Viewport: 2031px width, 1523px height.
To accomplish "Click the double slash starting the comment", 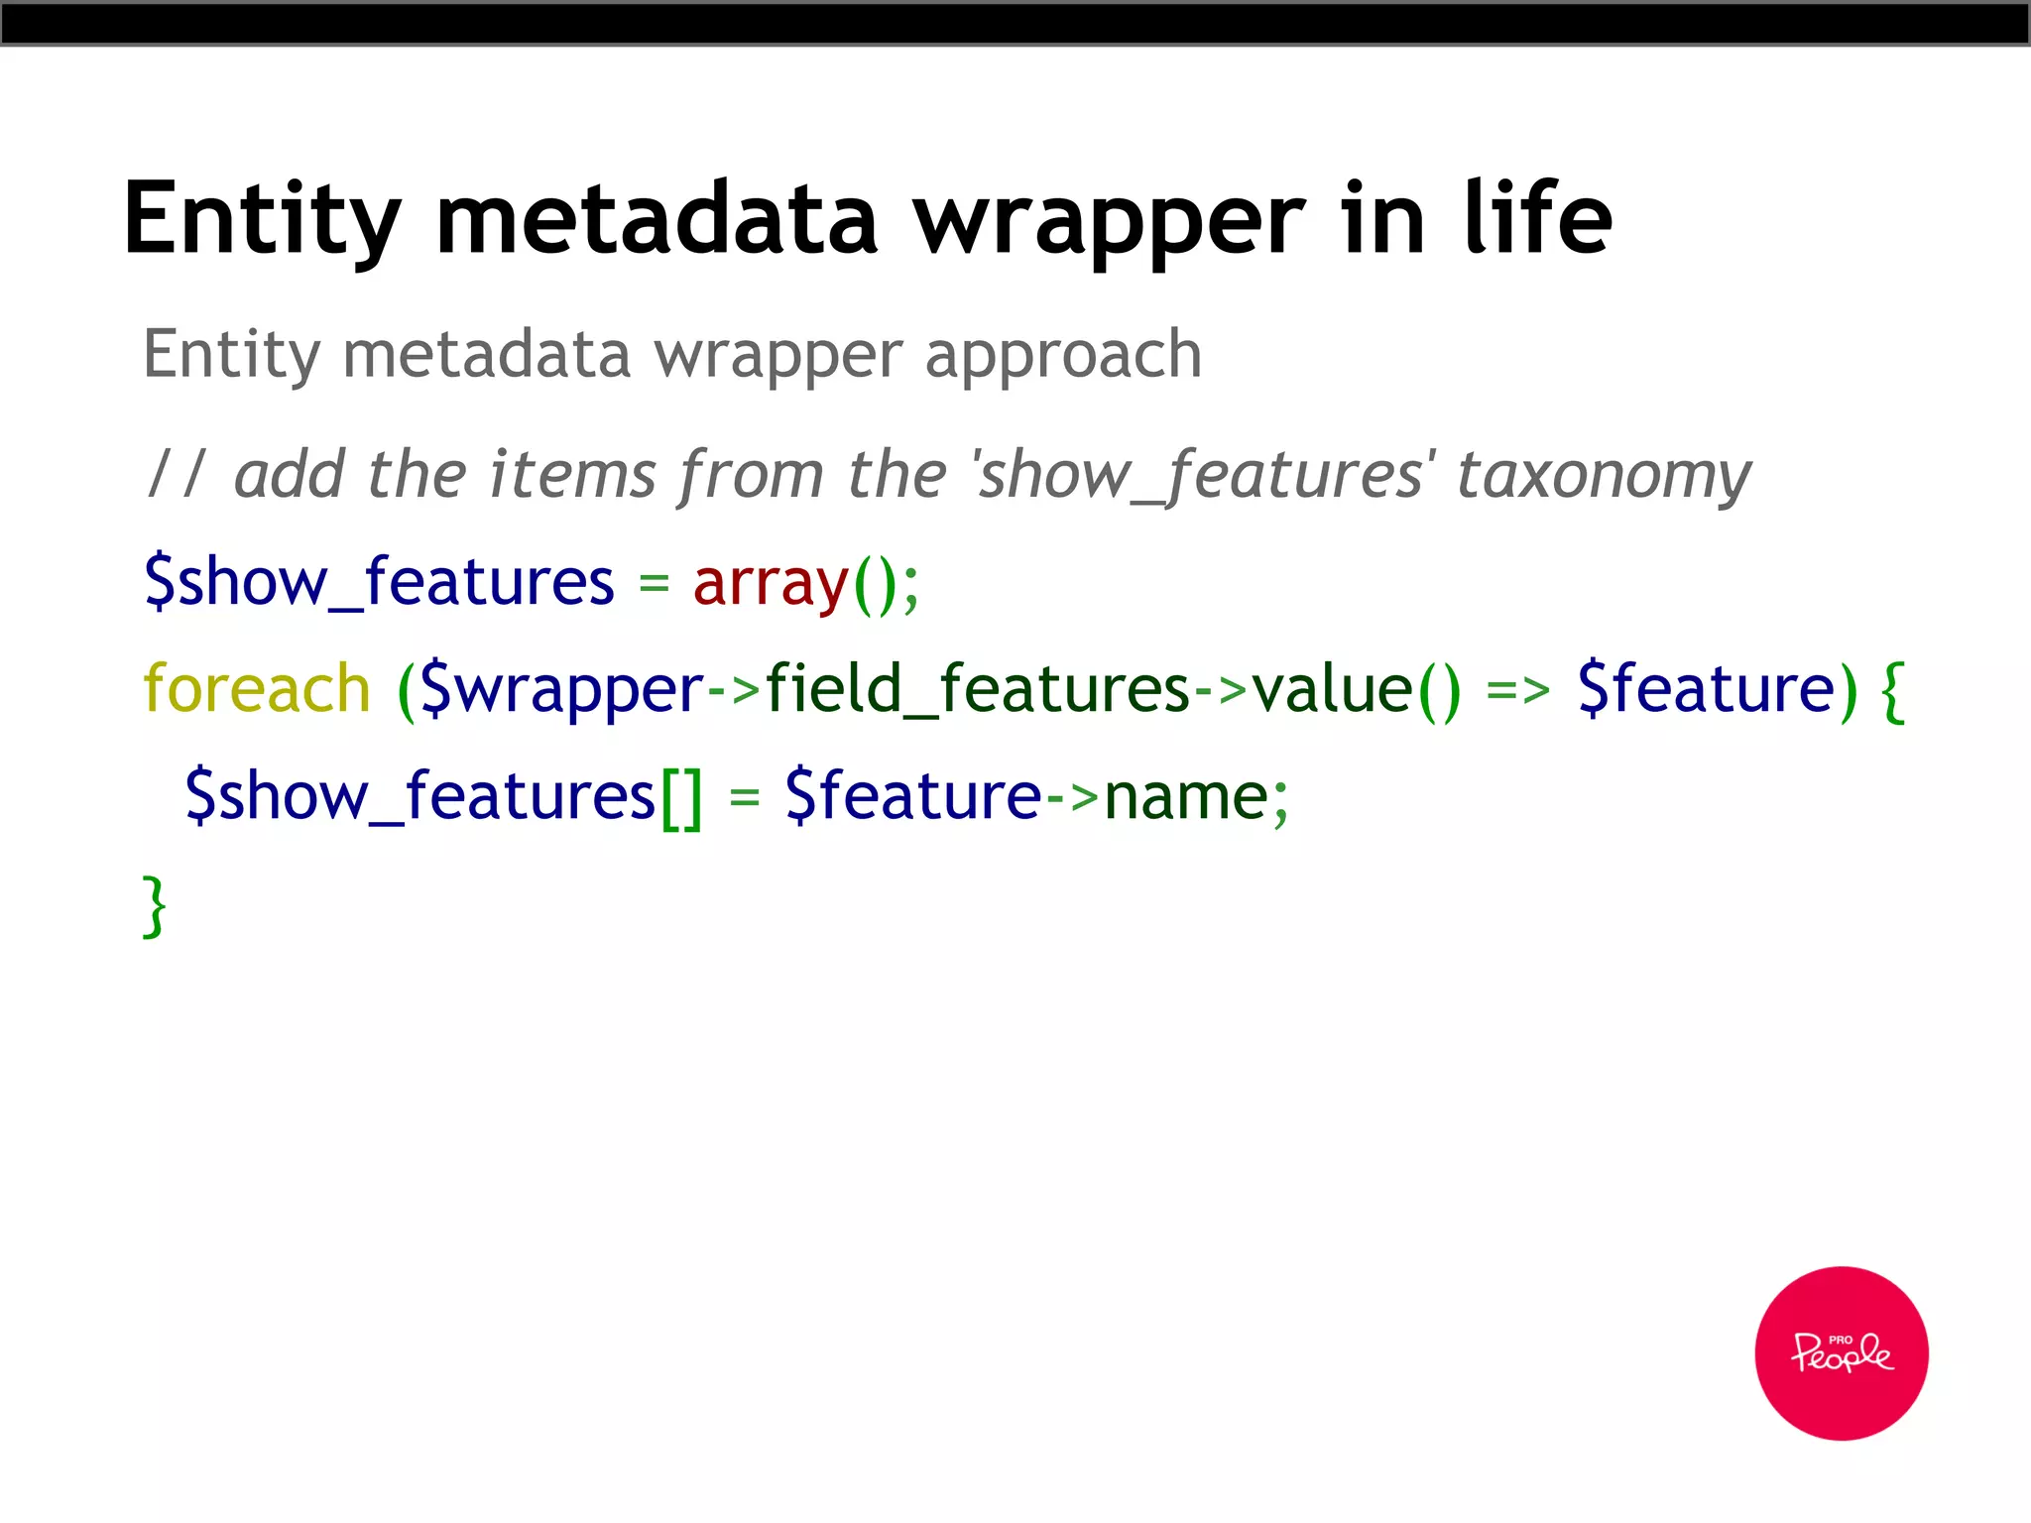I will point(177,474).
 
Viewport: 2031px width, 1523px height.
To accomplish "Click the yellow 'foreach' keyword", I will point(257,688).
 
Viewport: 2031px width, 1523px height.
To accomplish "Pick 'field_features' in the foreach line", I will point(977,688).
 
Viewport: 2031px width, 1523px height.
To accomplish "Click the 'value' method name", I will point(1332,688).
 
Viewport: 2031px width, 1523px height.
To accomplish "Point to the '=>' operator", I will point(1517,690).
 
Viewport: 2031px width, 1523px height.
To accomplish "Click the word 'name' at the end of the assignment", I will point(1186,796).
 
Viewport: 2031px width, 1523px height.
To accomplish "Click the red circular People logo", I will point(1841,1352).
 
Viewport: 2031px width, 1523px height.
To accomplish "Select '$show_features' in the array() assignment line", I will point(379,583).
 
